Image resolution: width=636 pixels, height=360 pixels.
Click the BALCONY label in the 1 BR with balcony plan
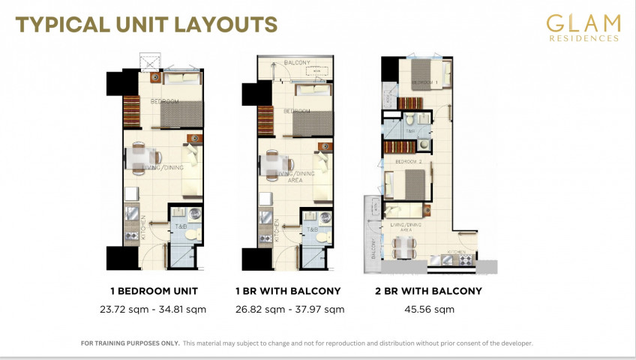(296, 63)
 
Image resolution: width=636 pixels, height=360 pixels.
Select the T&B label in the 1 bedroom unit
(181, 227)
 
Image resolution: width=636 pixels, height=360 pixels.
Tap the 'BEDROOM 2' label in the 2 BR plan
(409, 161)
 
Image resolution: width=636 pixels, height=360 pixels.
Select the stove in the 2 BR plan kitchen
(466, 259)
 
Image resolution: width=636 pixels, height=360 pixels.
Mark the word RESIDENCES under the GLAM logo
(583, 37)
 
